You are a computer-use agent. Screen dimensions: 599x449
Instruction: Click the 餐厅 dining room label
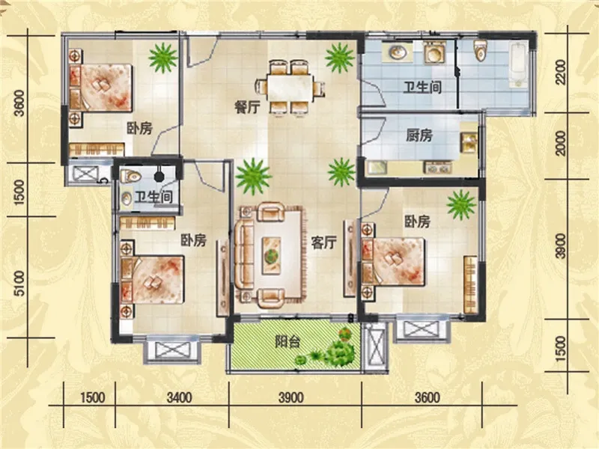[248, 107]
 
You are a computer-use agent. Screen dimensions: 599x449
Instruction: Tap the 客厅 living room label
[324, 242]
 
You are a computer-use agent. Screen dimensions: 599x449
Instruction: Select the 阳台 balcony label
[288, 342]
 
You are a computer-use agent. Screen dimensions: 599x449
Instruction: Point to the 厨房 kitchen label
[419, 135]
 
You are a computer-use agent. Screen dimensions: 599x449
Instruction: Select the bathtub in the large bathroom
[519, 64]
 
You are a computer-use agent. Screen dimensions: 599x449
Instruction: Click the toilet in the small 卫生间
[130, 176]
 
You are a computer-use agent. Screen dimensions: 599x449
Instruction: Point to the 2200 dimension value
[561, 73]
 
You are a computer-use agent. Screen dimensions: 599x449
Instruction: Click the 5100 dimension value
[19, 284]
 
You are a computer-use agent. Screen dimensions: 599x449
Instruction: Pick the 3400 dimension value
[179, 397]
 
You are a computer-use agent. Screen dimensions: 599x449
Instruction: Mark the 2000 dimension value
[561, 143]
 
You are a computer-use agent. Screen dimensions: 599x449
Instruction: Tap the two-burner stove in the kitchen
[438, 167]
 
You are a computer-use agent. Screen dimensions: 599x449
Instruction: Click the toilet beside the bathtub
[480, 49]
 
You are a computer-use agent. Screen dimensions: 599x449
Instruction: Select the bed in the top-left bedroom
[100, 88]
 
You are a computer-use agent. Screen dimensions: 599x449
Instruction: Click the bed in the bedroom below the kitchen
[394, 262]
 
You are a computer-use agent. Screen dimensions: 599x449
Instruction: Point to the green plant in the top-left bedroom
[163, 58]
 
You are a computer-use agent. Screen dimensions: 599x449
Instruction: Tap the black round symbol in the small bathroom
[158, 176]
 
